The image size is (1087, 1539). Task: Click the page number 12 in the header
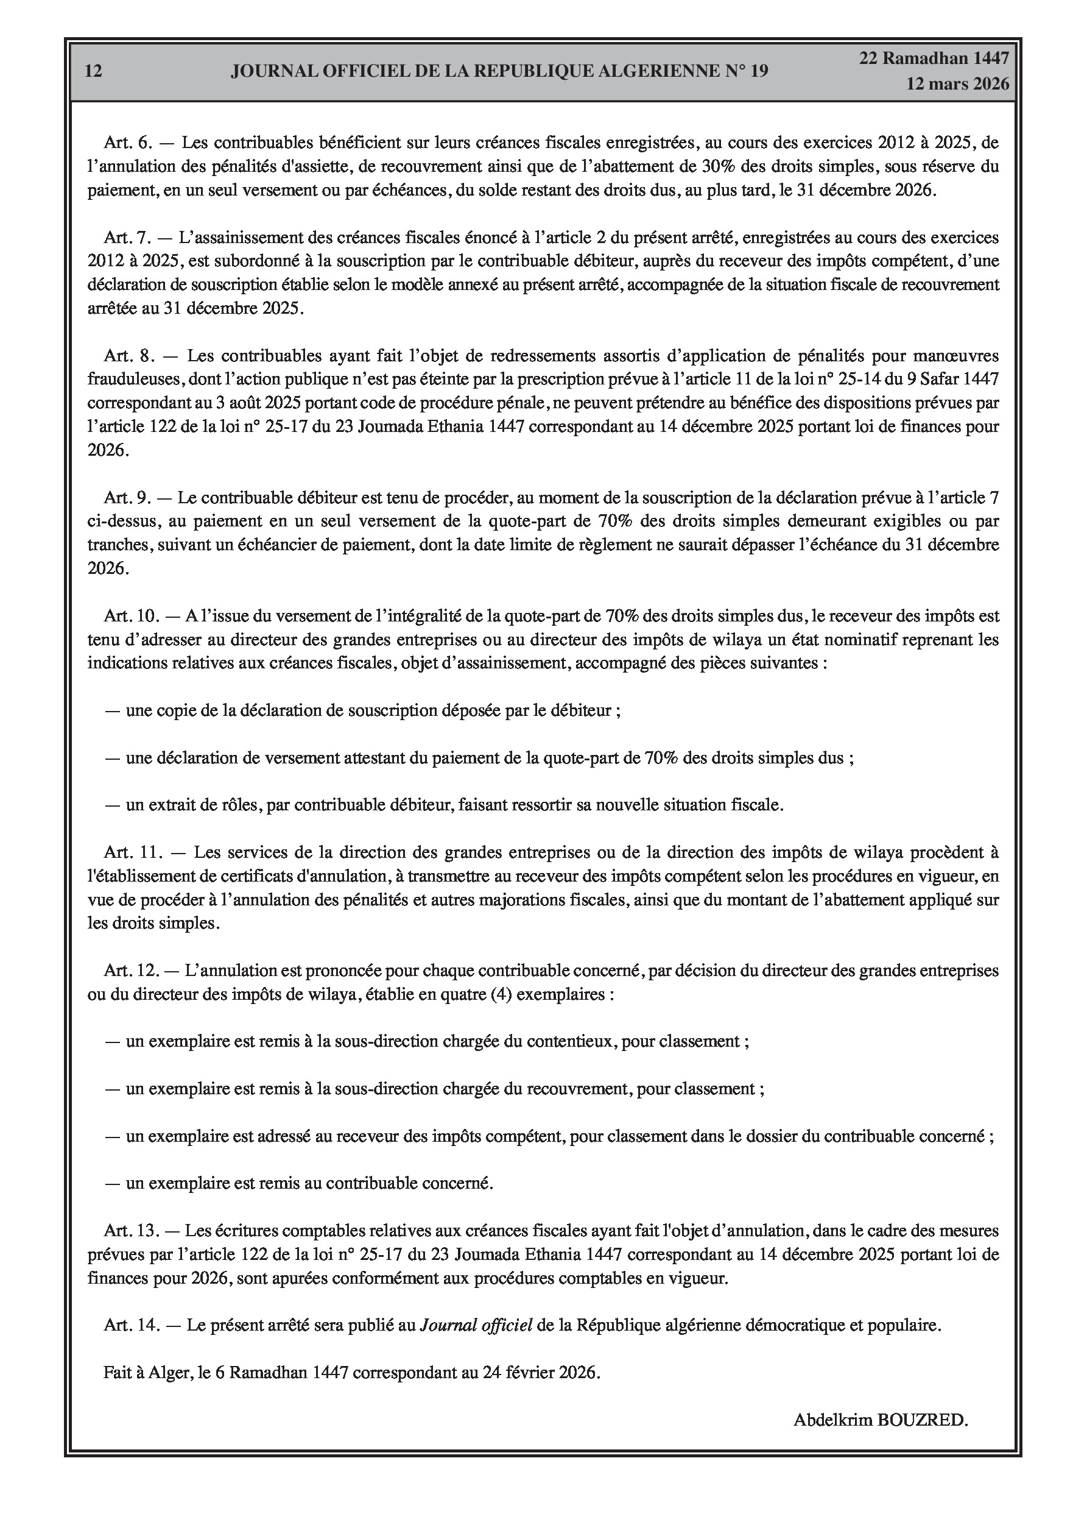tap(94, 71)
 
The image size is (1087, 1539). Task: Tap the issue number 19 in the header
tap(759, 71)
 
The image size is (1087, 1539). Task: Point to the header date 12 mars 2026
tap(957, 84)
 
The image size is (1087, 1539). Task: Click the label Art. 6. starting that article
tap(128, 143)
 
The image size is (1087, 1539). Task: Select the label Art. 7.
tap(128, 237)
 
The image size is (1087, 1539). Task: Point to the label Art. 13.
tap(132, 1231)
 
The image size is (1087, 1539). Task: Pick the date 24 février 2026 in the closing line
tap(539, 1373)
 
